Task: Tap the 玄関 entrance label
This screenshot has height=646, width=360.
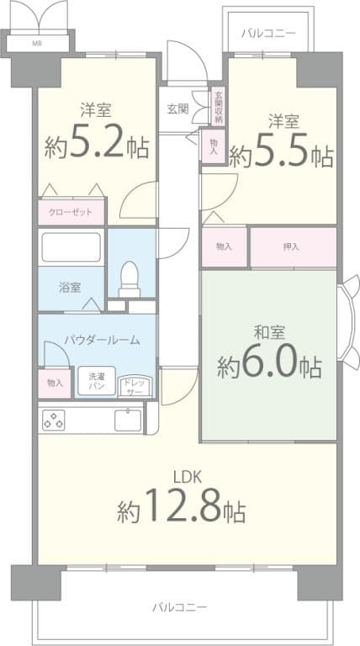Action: (x=177, y=108)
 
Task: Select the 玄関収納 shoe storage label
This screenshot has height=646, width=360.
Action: (x=218, y=107)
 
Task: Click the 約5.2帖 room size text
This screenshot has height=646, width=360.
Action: (x=97, y=146)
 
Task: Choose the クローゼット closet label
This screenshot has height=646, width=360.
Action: (x=71, y=212)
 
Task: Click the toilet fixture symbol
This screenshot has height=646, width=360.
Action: (x=130, y=278)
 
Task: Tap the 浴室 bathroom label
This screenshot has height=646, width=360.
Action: (x=70, y=288)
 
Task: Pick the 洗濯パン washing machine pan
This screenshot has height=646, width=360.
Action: (x=98, y=382)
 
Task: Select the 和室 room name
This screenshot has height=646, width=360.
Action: (x=267, y=331)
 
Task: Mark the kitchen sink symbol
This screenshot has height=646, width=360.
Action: (x=127, y=418)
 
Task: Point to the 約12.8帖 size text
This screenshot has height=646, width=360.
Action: (x=180, y=508)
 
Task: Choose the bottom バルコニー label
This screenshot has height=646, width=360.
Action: (x=179, y=606)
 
